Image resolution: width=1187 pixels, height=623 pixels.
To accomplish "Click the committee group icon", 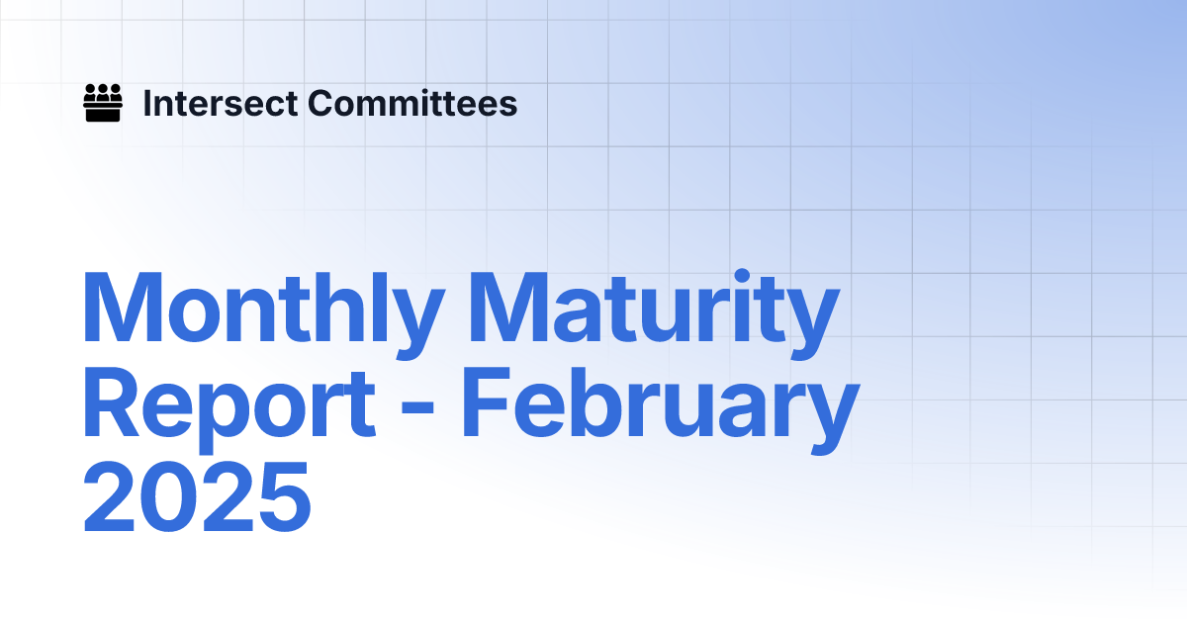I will [103, 103].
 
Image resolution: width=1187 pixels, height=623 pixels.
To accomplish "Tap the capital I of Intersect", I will [147, 103].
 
